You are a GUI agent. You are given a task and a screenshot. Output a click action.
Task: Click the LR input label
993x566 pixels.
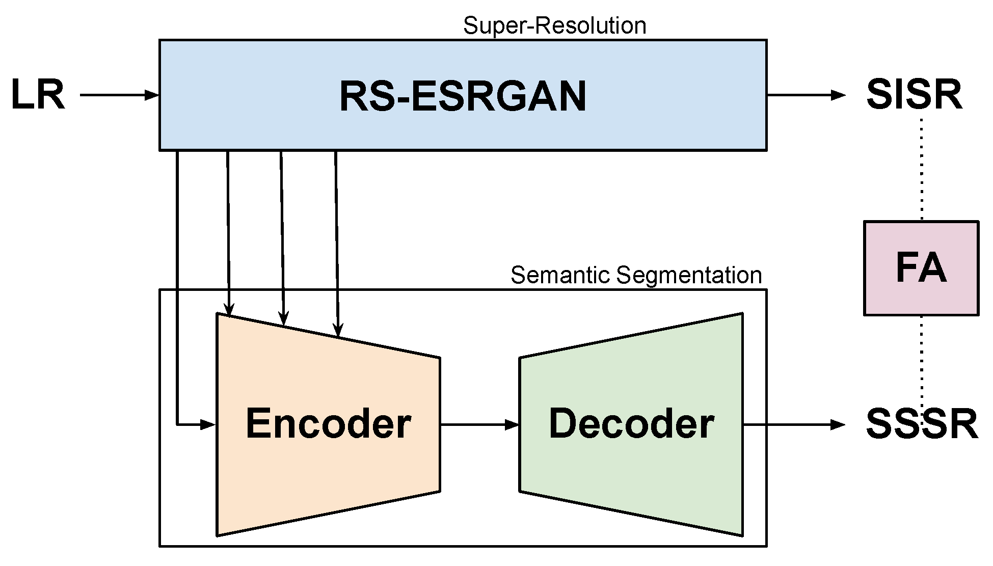[38, 95]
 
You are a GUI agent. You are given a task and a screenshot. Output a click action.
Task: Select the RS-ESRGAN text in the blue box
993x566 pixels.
[463, 97]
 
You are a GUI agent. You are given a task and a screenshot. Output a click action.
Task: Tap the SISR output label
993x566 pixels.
[914, 95]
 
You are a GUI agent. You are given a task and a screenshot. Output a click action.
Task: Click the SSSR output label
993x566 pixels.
[922, 424]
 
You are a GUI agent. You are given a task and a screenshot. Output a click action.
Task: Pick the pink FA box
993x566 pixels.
[921, 268]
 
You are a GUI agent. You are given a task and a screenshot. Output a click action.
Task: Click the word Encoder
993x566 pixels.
[328, 423]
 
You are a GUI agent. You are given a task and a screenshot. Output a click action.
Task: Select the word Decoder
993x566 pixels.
[631, 423]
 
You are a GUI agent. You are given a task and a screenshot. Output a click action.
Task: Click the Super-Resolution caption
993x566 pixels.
[554, 25]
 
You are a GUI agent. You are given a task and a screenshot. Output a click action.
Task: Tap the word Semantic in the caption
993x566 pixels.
[560, 276]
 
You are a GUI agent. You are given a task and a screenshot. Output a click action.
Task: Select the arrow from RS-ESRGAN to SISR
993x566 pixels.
[805, 95]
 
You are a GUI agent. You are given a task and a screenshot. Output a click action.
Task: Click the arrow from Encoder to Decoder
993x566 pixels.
[479, 424]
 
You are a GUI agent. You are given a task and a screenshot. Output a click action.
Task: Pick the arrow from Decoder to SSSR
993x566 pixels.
[793, 424]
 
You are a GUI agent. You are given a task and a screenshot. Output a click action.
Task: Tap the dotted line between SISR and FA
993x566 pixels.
[922, 168]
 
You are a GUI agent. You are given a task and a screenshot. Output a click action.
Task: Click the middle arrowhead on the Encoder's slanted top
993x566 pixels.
[284, 318]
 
